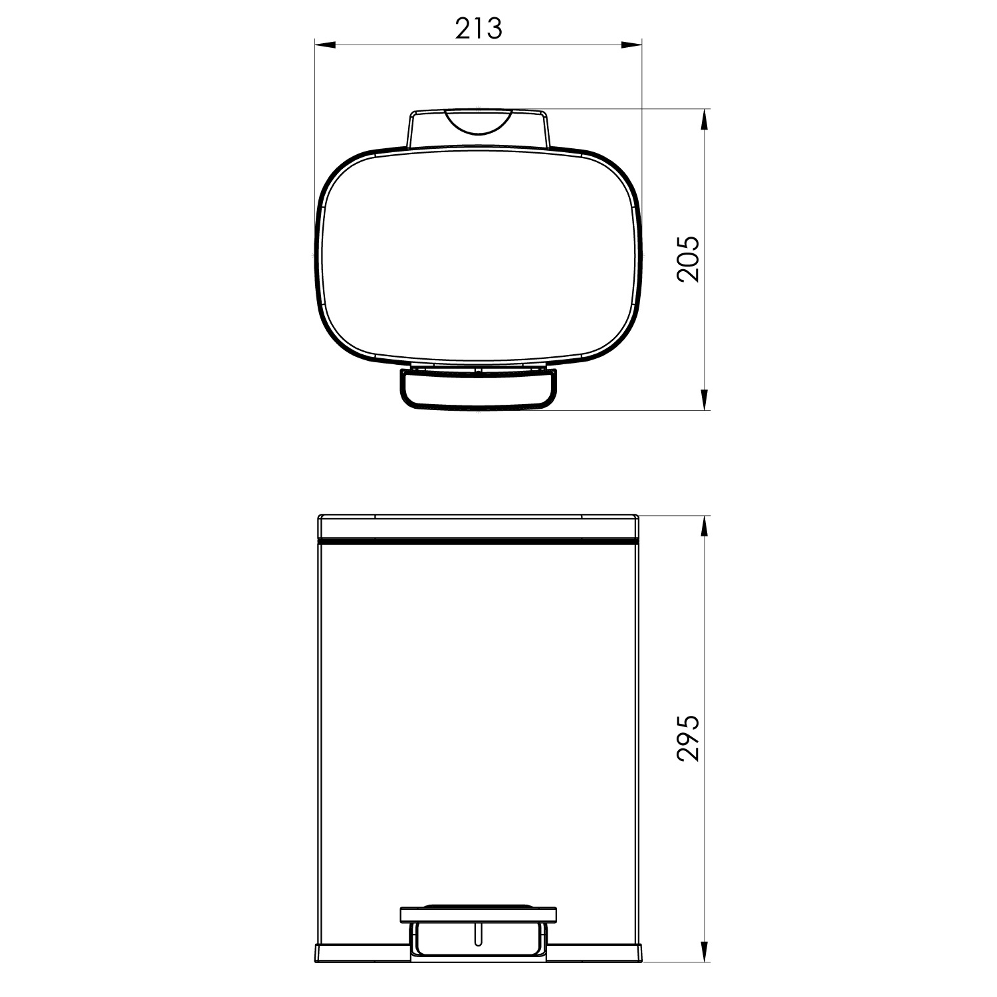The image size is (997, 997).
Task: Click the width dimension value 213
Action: point(478,28)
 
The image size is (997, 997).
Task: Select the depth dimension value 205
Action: point(689,259)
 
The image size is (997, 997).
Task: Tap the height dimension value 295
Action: point(689,738)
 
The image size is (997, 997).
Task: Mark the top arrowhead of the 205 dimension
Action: point(704,120)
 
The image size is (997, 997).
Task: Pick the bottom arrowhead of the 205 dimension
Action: point(704,400)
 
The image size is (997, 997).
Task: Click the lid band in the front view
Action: point(478,527)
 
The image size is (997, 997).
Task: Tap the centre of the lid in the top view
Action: point(478,256)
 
